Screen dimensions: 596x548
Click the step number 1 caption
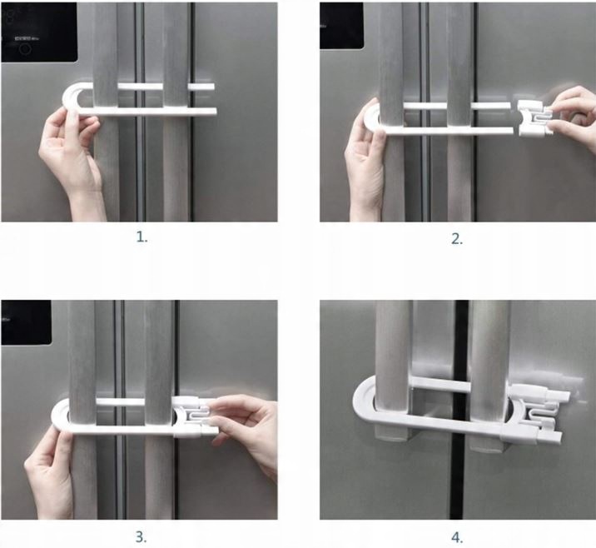tap(142, 237)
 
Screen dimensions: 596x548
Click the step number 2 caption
tap(457, 239)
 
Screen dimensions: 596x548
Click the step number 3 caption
tap(141, 537)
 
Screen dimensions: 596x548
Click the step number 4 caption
tap(457, 537)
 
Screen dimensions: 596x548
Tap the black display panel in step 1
tap(39, 32)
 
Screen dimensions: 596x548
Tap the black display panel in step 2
tap(341, 26)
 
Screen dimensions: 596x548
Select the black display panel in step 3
tap(26, 322)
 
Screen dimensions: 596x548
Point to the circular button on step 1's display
tap(25, 48)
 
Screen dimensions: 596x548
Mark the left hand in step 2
tap(365, 167)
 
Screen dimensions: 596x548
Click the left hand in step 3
tap(49, 476)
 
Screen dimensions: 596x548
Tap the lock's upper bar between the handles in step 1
tap(140, 87)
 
